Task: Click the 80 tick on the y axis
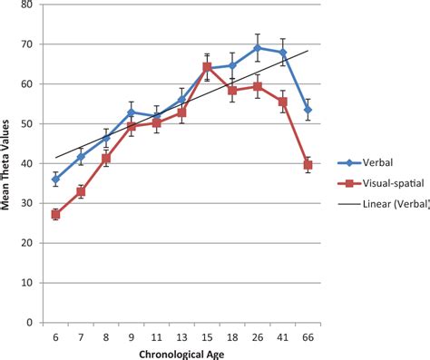point(26,5)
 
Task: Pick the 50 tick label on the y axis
point(26,124)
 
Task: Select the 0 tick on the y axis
point(29,323)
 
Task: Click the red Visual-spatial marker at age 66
point(308,165)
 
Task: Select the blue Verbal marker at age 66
point(308,110)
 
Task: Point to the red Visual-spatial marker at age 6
point(55,214)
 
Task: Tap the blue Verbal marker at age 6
point(55,179)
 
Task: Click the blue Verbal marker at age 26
point(258,48)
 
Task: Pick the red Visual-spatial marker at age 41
point(283,102)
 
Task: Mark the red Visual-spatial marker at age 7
point(81,192)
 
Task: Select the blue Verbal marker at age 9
point(132,112)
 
